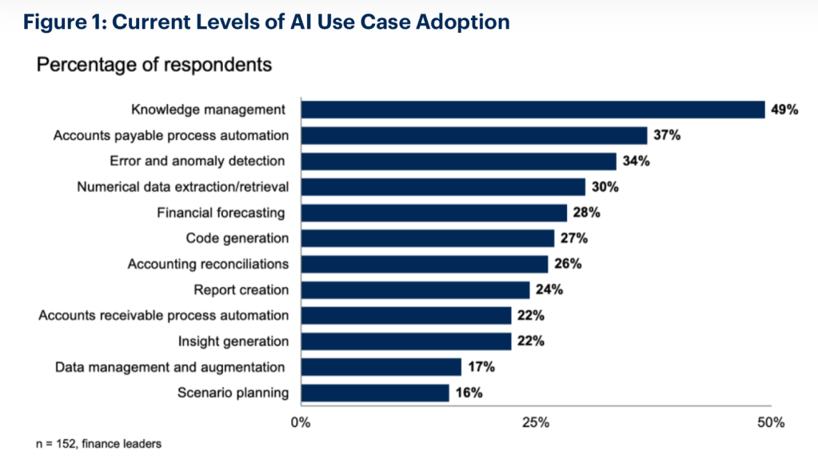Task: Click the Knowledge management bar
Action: [x=533, y=110]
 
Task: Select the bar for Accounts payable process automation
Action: [x=474, y=135]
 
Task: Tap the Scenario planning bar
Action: [x=375, y=393]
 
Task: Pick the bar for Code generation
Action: [x=428, y=238]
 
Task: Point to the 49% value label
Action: [x=784, y=110]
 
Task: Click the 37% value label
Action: [x=667, y=135]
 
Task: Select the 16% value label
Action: [x=469, y=393]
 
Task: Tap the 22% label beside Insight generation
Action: [x=531, y=341]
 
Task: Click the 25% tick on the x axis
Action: [x=537, y=423]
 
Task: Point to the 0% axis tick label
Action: [x=301, y=423]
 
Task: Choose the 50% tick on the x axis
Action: [x=771, y=423]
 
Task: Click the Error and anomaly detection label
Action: [x=198, y=161]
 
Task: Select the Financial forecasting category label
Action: [x=221, y=213]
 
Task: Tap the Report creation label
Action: [x=241, y=289]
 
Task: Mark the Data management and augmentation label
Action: [x=170, y=367]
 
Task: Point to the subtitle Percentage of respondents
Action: [x=154, y=65]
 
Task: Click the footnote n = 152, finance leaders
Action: [x=98, y=444]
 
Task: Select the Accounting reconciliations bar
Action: [x=425, y=264]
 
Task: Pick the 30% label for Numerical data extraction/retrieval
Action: [x=605, y=187]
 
